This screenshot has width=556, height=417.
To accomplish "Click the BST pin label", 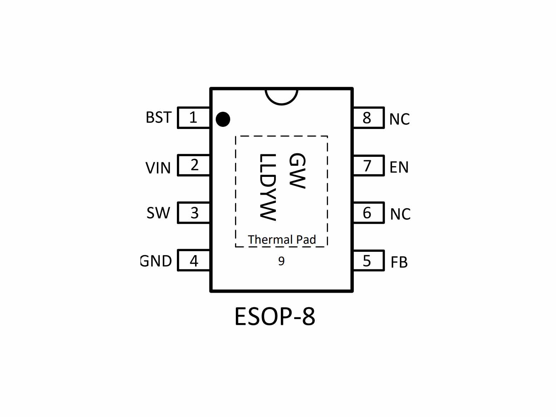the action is tap(159, 117).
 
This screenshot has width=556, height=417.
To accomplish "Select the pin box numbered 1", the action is tap(194, 118).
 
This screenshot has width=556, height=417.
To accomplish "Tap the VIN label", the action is tap(158, 168).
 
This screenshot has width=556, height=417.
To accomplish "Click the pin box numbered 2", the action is tap(194, 165).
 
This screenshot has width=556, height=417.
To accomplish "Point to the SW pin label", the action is tap(158, 213).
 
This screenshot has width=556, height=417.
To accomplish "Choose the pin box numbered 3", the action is tap(194, 213).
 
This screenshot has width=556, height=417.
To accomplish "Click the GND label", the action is tap(156, 261).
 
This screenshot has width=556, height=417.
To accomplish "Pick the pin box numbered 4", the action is tap(194, 260).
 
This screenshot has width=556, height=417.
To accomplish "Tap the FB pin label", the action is tap(399, 262).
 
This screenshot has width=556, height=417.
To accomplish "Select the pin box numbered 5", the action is tap(369, 260).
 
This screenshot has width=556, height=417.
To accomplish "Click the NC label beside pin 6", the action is tap(400, 214).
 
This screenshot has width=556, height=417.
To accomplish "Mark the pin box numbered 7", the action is tap(369, 165).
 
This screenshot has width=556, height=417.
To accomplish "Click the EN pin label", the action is tap(399, 167).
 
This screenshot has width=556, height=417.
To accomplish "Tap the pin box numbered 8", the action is tap(369, 118).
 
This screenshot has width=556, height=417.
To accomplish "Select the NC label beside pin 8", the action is tap(399, 119).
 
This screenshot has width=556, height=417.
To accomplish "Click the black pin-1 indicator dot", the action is tap(223, 119).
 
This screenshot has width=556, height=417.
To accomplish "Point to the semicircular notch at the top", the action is tap(282, 104).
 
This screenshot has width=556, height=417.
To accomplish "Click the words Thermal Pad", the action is tap(282, 239).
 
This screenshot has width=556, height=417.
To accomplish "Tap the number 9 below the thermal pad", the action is tap(281, 261).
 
